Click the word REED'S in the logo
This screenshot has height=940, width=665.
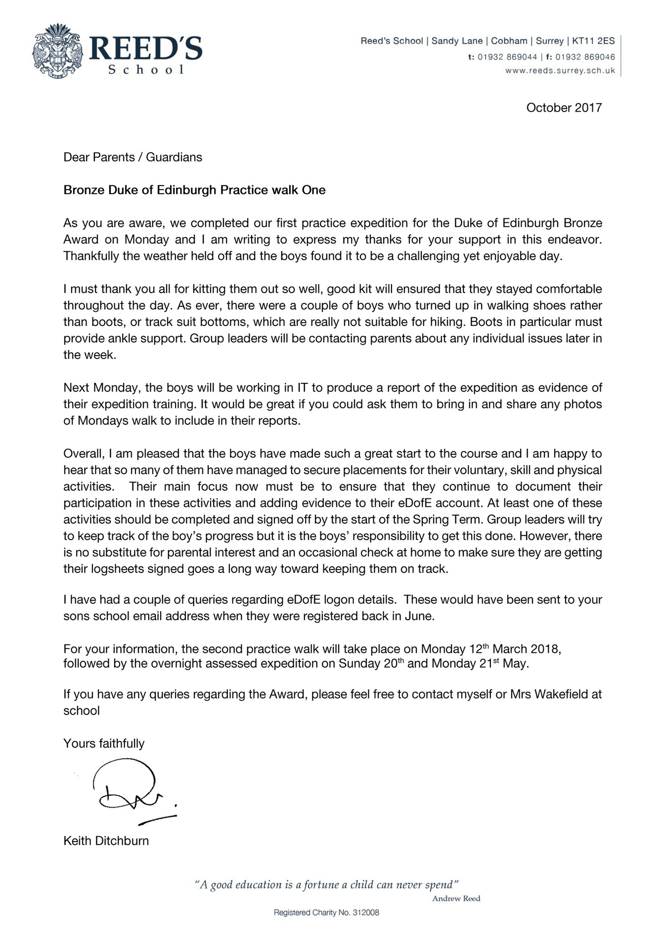[146, 49]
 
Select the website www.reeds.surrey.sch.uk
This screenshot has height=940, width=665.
[560, 71]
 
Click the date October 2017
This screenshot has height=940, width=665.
[564, 108]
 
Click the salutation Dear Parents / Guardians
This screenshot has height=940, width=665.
[133, 157]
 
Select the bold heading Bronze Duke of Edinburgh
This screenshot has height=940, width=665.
[194, 190]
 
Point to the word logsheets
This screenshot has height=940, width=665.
[115, 569]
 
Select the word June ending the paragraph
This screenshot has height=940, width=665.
[421, 616]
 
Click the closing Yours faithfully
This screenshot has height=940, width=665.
[104, 743]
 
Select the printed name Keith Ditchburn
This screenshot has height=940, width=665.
[106, 841]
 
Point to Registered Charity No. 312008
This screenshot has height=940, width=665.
[326, 913]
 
